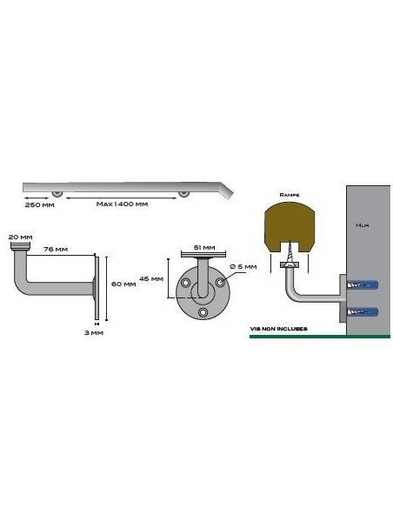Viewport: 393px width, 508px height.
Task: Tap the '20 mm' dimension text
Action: point(21,237)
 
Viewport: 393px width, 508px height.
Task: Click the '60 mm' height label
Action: point(123,284)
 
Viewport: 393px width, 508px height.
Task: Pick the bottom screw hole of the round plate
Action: point(203,312)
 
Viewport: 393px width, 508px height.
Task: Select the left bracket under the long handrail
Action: point(57,193)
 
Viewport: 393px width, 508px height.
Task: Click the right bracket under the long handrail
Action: point(183,193)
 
